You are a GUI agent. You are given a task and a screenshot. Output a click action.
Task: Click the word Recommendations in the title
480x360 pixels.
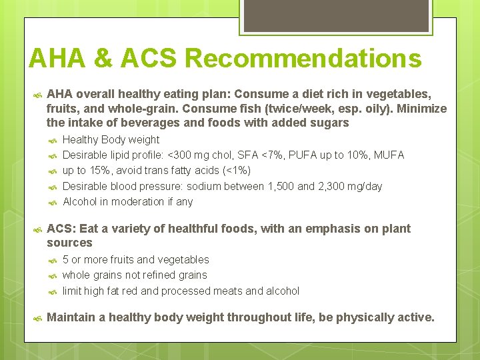(x=303, y=59)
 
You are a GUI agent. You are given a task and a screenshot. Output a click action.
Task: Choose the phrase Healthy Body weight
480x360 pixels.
(x=111, y=139)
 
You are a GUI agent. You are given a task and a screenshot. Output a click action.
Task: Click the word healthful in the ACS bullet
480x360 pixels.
(x=194, y=229)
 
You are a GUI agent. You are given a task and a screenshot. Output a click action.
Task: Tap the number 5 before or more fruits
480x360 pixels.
(x=65, y=259)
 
